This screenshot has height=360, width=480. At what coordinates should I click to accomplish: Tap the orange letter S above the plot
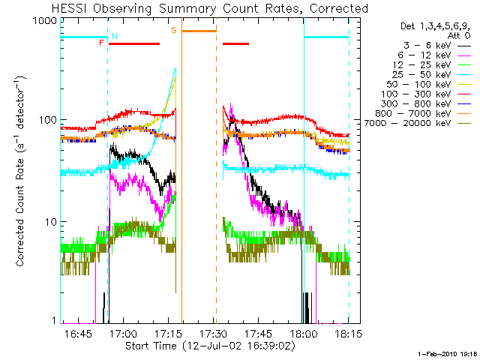(x=174, y=30)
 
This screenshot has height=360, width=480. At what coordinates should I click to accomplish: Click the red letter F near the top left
(x=102, y=43)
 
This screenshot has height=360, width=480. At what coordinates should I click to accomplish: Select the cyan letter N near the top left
(x=114, y=35)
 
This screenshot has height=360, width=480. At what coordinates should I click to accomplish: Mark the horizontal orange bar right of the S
(x=199, y=31)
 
